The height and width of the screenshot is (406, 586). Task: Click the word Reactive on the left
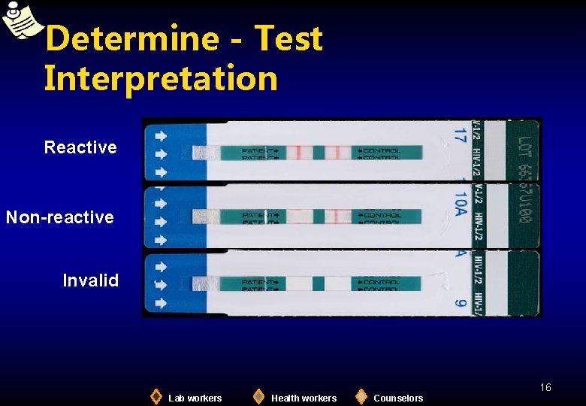(80, 147)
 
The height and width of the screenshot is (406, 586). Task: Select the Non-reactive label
(60, 217)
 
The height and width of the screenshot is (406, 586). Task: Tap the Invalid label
(90, 280)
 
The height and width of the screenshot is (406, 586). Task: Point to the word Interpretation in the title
(161, 78)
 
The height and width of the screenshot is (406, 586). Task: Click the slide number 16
(545, 387)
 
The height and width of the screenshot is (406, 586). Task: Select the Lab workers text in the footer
(195, 398)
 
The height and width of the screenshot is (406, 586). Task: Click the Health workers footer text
(304, 398)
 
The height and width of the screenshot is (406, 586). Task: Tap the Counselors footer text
(398, 398)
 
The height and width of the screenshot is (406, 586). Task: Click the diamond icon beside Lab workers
(156, 396)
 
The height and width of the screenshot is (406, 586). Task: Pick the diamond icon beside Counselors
(361, 396)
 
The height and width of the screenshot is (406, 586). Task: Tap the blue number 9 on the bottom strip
(459, 304)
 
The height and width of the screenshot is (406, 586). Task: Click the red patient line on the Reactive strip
(298, 153)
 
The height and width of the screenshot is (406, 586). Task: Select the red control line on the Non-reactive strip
(343, 217)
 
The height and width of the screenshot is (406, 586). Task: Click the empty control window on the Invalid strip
(337, 283)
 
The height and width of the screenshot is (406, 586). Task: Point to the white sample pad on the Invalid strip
(204, 283)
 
